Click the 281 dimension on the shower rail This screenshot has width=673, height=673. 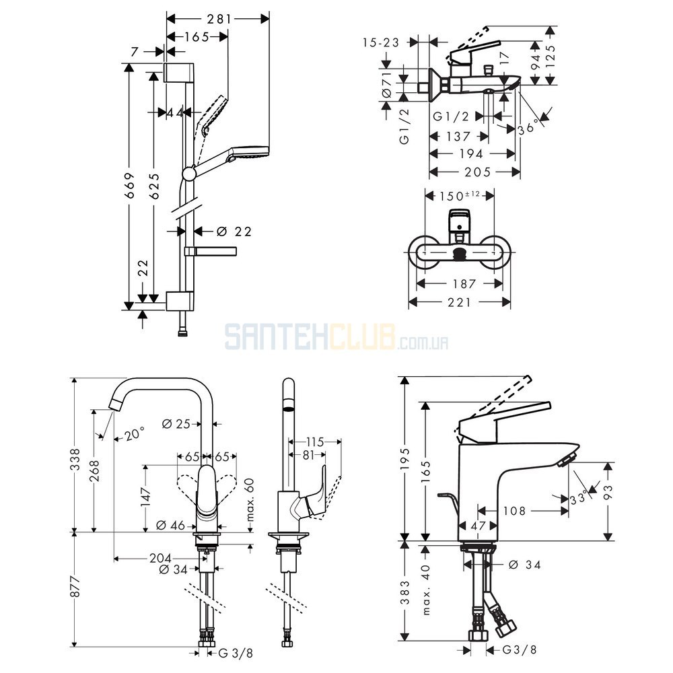click(219, 19)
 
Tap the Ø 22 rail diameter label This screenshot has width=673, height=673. click(234, 232)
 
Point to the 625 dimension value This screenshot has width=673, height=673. click(155, 186)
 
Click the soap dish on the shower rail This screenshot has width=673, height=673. click(210, 252)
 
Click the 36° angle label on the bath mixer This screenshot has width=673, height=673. click(528, 128)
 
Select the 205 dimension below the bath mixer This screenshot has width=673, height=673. click(477, 172)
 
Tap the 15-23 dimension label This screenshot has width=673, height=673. click(381, 42)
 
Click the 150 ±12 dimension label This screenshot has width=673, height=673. click(459, 196)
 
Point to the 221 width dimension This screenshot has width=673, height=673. click(459, 303)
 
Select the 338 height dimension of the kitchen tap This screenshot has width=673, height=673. click(75, 460)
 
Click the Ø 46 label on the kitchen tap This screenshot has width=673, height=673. click(170, 526)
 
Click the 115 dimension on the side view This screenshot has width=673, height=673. click(314, 441)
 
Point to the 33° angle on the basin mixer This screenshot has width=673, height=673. click(578, 498)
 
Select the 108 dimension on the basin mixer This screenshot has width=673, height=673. click(514, 511)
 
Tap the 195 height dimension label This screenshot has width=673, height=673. click(404, 459)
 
